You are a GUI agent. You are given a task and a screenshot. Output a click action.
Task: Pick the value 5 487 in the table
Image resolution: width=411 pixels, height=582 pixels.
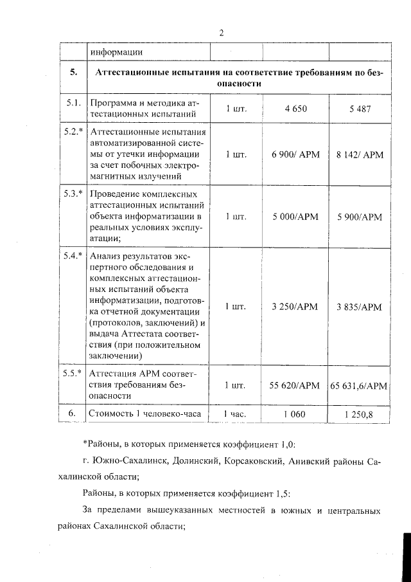click(360, 109)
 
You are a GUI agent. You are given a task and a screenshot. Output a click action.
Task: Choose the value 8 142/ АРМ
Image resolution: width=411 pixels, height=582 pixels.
click(360, 154)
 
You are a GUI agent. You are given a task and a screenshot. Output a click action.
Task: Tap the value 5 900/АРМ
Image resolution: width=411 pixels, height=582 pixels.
click(360, 217)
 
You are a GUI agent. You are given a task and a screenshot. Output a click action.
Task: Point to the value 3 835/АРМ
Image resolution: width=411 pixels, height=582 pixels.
click(360, 307)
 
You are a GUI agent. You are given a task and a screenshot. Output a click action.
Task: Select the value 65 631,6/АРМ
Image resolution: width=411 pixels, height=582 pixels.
click(360, 385)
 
